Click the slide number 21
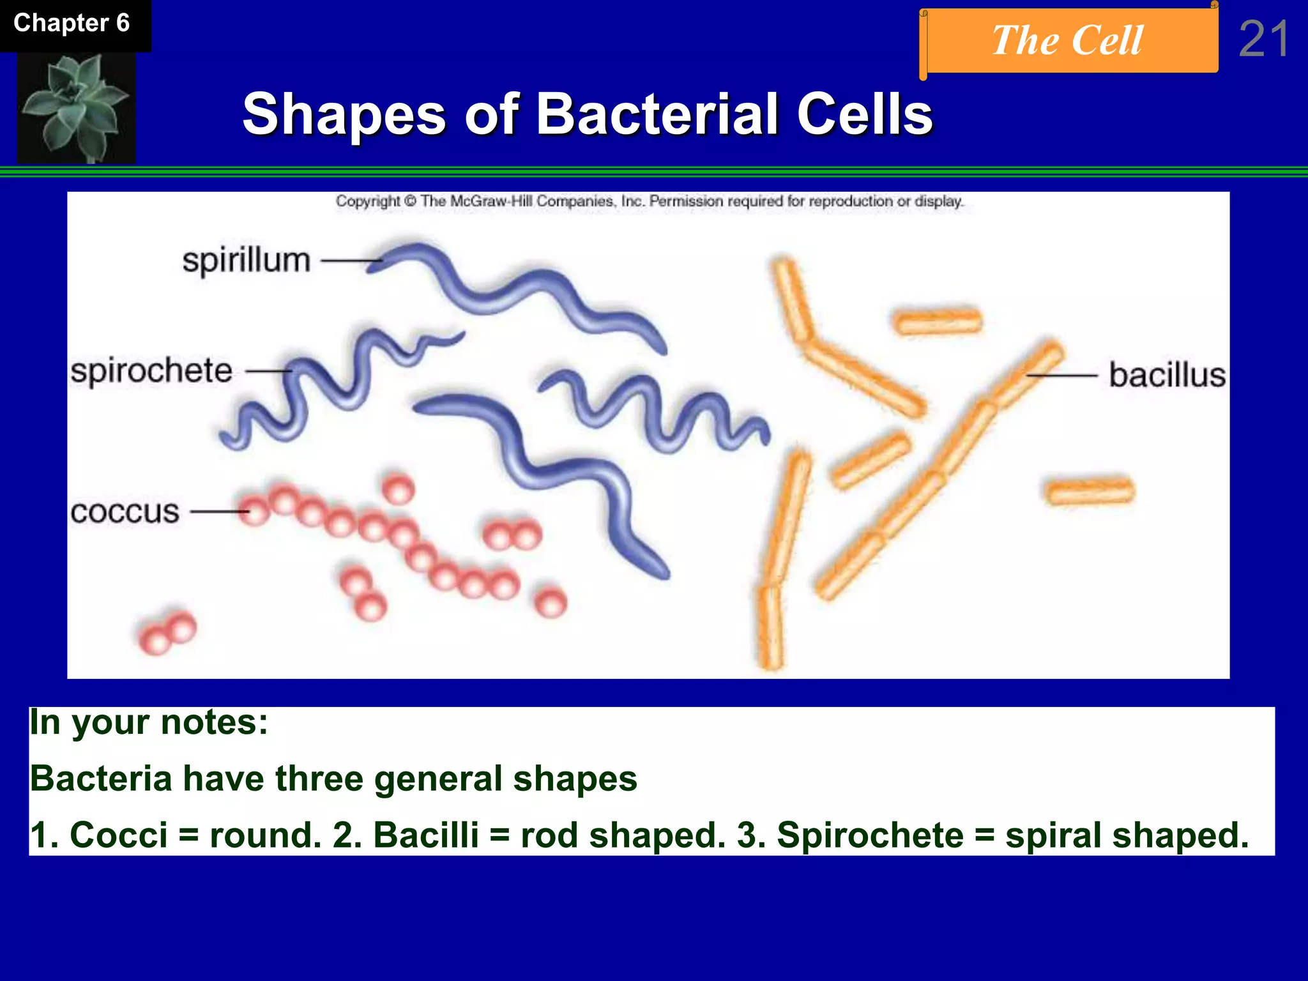click(x=1263, y=40)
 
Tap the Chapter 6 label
click(x=72, y=24)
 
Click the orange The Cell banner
click(x=1068, y=41)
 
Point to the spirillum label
click(x=247, y=261)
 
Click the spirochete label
click(x=151, y=371)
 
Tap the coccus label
click(x=125, y=512)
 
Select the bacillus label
click(x=1167, y=375)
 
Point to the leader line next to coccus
click(x=219, y=512)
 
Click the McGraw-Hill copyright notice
click(x=649, y=201)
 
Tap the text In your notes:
click(x=149, y=722)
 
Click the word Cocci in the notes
click(x=118, y=835)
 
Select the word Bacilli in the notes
click(x=425, y=835)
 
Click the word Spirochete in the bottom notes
click(x=870, y=835)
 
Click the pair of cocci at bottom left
click(x=168, y=633)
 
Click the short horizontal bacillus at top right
click(x=937, y=321)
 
